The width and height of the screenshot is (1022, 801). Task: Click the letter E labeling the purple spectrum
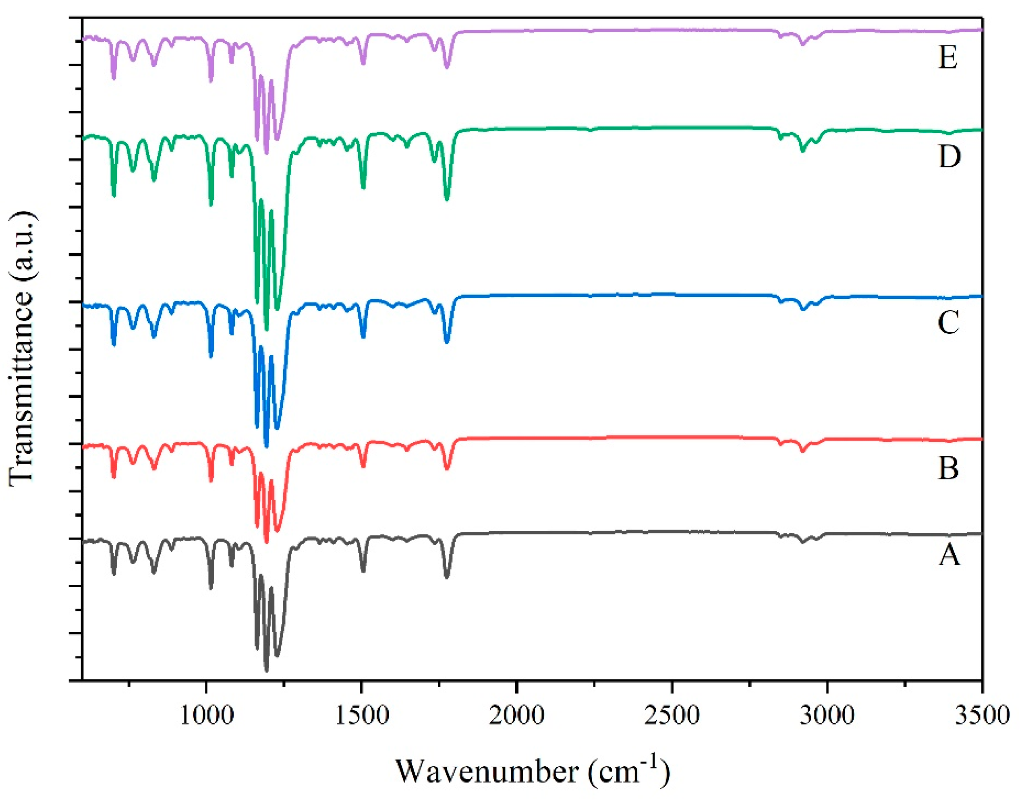point(948,59)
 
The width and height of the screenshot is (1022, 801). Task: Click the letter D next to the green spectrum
point(949,157)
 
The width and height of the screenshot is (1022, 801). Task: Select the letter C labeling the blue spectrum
point(948,323)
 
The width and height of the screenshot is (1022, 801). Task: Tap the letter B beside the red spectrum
point(948,468)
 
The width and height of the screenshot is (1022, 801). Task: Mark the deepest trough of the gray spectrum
point(266,671)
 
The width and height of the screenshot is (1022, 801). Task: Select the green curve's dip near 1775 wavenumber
point(446,200)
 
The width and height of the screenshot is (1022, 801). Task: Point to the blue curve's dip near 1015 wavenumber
point(211,357)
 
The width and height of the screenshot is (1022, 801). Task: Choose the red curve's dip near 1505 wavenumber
point(363,467)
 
